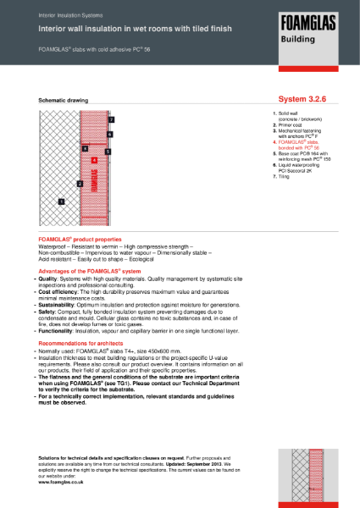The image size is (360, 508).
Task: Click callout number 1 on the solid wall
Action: pos(61,202)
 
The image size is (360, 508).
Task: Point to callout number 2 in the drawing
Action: pos(80,183)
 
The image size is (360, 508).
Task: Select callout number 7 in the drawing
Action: pos(112,120)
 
